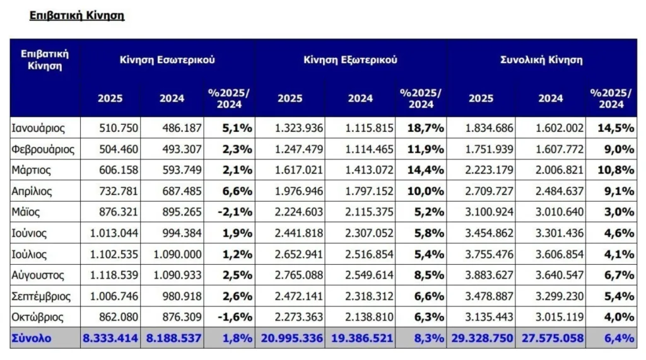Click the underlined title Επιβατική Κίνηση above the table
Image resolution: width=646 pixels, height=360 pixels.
[77, 15]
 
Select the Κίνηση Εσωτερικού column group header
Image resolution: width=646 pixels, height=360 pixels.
[167, 60]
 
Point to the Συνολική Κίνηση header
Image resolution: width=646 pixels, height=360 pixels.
[541, 60]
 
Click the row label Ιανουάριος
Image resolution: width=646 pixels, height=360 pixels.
[38, 128]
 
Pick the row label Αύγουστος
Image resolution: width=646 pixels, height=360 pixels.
[38, 275]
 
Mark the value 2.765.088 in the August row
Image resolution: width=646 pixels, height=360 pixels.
[300, 275]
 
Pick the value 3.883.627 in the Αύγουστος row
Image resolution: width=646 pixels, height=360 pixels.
[490, 275]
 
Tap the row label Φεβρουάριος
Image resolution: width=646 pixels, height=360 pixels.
[43, 149]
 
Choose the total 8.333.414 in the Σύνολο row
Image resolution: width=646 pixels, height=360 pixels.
[110, 338]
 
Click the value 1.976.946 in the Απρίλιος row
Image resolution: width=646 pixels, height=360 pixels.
[300, 191]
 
